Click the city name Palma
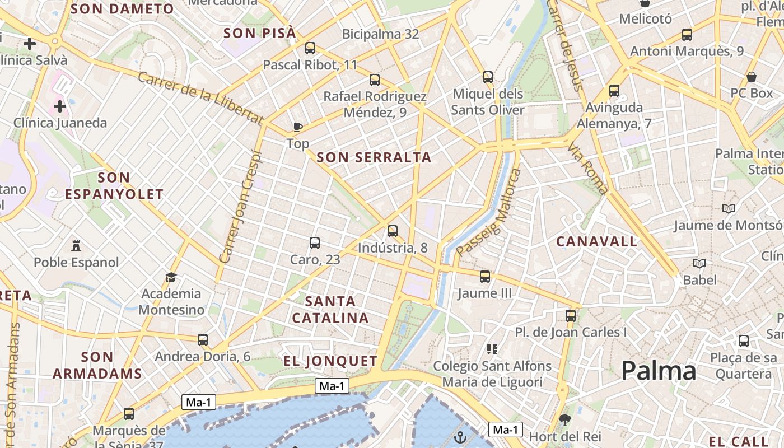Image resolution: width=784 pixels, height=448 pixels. (659, 371)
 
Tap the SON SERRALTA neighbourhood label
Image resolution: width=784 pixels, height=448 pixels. (374, 157)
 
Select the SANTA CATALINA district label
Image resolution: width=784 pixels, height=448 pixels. (330, 310)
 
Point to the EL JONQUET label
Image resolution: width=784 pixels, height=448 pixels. (330, 361)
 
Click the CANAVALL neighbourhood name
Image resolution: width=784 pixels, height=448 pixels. (596, 242)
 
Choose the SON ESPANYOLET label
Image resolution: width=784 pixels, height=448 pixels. (114, 186)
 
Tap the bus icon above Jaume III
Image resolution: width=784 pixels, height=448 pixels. (485, 276)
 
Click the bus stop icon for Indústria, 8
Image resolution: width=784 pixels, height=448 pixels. (393, 231)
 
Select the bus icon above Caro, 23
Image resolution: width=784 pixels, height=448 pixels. (315, 242)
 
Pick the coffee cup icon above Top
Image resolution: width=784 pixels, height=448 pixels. (298, 127)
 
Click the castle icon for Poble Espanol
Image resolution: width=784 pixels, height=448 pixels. (76, 245)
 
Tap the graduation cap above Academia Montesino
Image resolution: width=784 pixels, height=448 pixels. (171, 277)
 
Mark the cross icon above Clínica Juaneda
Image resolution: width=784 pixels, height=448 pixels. (60, 106)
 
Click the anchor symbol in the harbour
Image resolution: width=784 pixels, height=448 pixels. (460, 437)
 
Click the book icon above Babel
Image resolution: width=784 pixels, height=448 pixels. (699, 263)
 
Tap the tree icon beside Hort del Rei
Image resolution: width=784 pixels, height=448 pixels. (565, 420)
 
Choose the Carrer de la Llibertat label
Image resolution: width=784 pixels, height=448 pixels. (200, 99)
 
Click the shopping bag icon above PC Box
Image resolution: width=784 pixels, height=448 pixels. (752, 77)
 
